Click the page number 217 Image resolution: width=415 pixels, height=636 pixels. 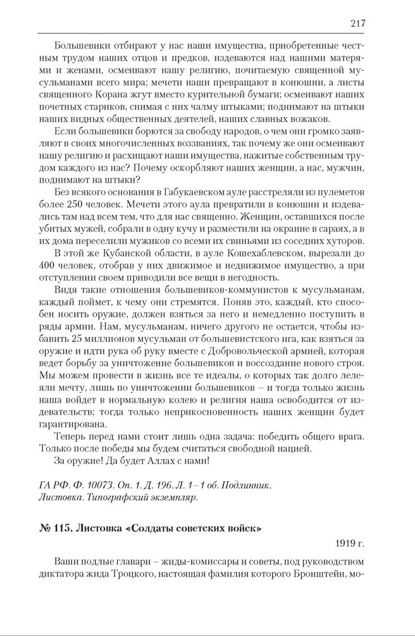click(357, 23)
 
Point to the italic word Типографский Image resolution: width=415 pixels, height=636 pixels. click(113, 498)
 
